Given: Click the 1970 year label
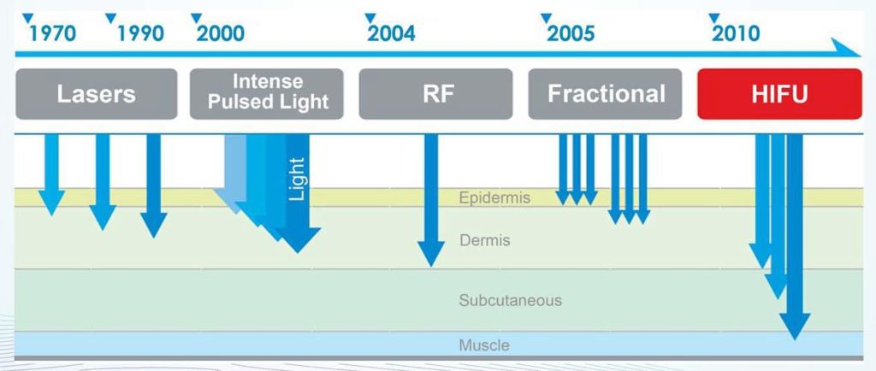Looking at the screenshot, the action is tap(52, 33).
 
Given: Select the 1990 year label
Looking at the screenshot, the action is tap(140, 33).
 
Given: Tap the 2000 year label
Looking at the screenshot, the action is tap(220, 33).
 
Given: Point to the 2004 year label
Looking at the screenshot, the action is tap(391, 33).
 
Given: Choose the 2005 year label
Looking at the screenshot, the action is tap(571, 33).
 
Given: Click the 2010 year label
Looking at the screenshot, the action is tap(735, 33).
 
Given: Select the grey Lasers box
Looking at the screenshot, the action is tap(96, 94).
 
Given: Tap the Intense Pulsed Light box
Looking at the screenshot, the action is tap(267, 94).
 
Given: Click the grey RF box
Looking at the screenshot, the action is tap(435, 94).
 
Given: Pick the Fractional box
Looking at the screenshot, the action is tap(605, 94).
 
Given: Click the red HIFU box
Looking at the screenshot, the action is tap(779, 94).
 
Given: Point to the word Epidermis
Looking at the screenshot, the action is tap(494, 198).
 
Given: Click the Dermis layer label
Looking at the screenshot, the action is tap(485, 240).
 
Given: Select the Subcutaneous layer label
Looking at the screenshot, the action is tap(510, 300).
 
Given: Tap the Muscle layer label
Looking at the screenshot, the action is tap(484, 345).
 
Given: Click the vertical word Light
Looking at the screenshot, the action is tap(297, 179).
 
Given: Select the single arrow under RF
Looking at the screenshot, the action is tap(431, 200).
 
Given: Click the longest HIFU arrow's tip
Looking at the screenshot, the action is tap(795, 339).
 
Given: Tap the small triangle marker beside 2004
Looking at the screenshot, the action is tap(370, 18).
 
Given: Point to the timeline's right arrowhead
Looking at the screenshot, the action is tap(848, 49).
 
